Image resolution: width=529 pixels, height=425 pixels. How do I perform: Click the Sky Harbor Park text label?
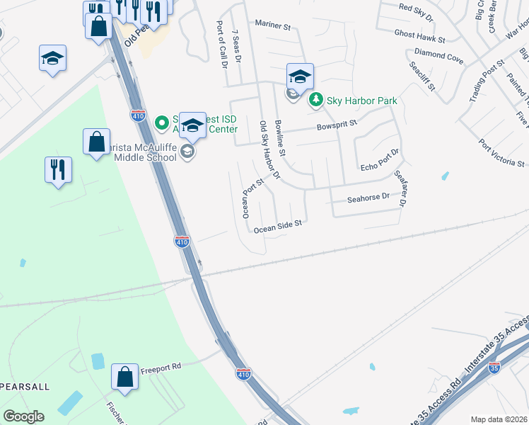click(x=361, y=101)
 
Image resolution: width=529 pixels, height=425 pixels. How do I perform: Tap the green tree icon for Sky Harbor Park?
click(x=317, y=101)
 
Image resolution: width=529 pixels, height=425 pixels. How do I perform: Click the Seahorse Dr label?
click(x=368, y=198)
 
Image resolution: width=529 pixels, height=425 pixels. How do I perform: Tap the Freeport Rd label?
click(x=161, y=367)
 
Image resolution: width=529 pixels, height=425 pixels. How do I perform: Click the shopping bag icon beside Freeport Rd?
click(x=124, y=378)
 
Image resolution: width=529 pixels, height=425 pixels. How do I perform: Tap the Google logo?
click(x=23, y=416)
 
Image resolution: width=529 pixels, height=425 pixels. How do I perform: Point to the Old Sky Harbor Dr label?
click(x=270, y=151)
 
